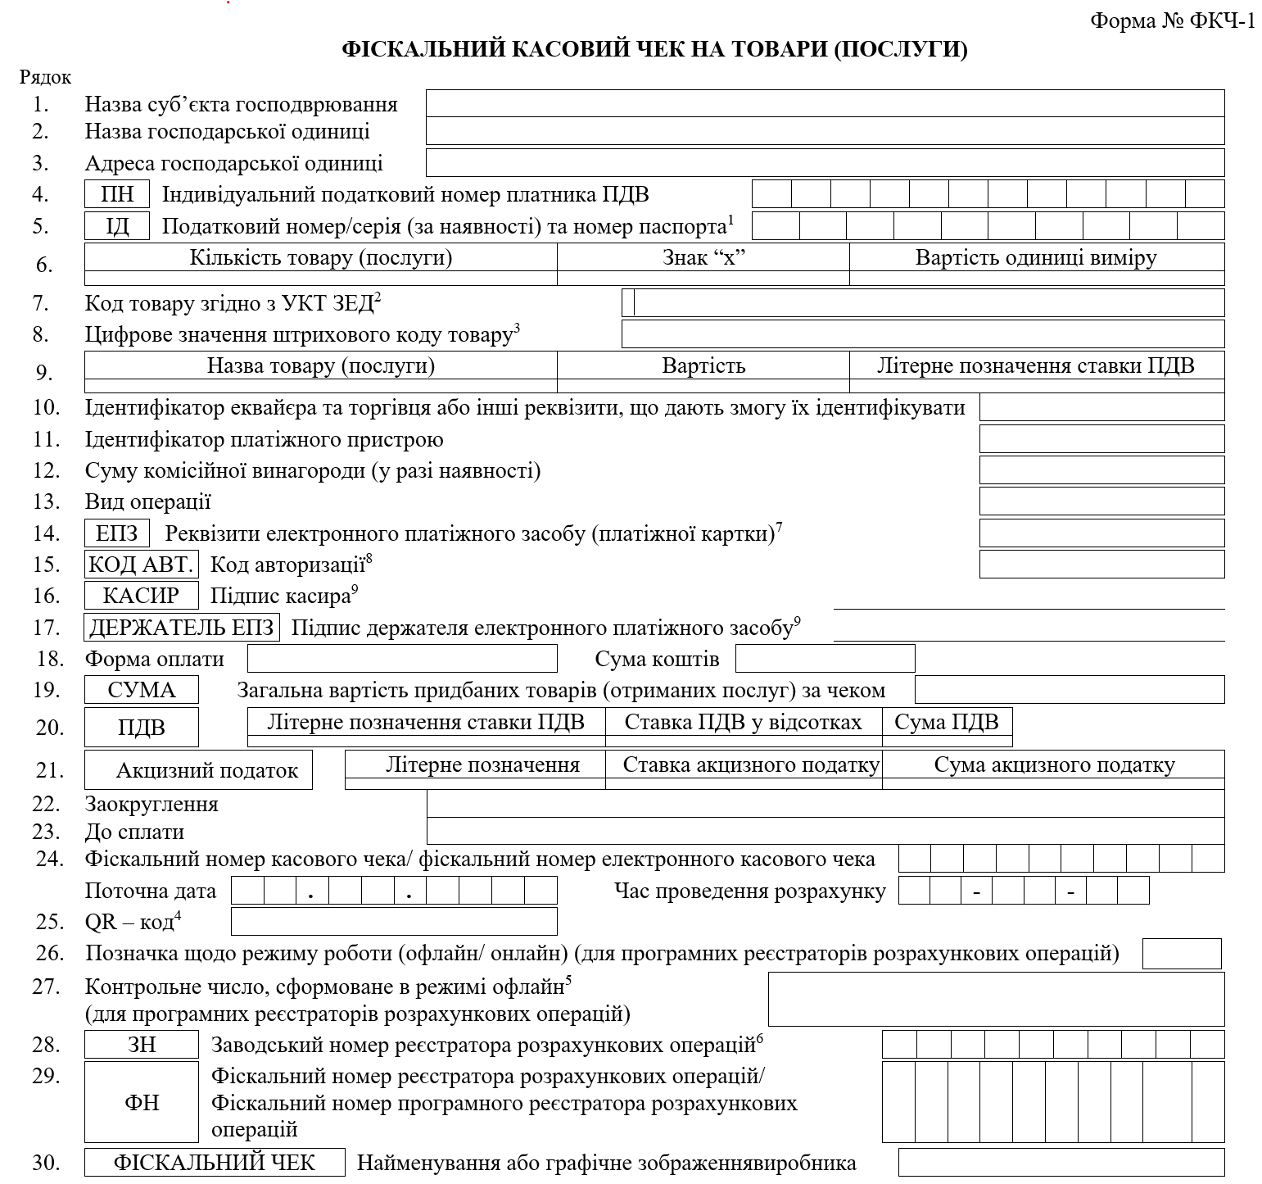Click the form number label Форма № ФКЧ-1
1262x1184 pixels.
pos(1172,20)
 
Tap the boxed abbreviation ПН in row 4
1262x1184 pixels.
pos(117,195)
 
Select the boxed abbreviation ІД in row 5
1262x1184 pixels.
pos(117,226)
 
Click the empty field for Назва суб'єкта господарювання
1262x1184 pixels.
pos(825,104)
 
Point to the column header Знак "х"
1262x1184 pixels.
pos(703,258)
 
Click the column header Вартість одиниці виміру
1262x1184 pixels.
pos(1036,258)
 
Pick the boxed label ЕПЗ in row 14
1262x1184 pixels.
pos(117,533)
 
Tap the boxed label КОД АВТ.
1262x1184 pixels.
pos(142,565)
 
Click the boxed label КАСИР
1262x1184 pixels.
pos(142,596)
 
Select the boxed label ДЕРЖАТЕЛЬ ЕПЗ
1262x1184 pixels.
pos(182,628)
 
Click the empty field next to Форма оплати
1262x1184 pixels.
pos(402,659)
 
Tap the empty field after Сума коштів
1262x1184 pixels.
pos(825,659)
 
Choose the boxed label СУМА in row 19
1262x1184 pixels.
pos(142,690)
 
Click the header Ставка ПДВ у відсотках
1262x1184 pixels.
pos(743,722)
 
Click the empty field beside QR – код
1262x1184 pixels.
pos(394,922)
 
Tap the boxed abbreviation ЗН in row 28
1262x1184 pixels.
pos(142,1045)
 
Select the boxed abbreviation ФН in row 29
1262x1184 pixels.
pos(142,1103)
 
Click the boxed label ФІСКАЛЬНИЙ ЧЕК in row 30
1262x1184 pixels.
pos(215,1163)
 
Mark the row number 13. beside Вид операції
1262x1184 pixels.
pos(47,502)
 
